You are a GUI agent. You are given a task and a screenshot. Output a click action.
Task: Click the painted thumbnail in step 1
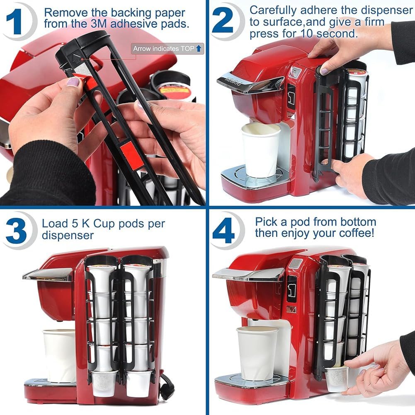tap(73, 82)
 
